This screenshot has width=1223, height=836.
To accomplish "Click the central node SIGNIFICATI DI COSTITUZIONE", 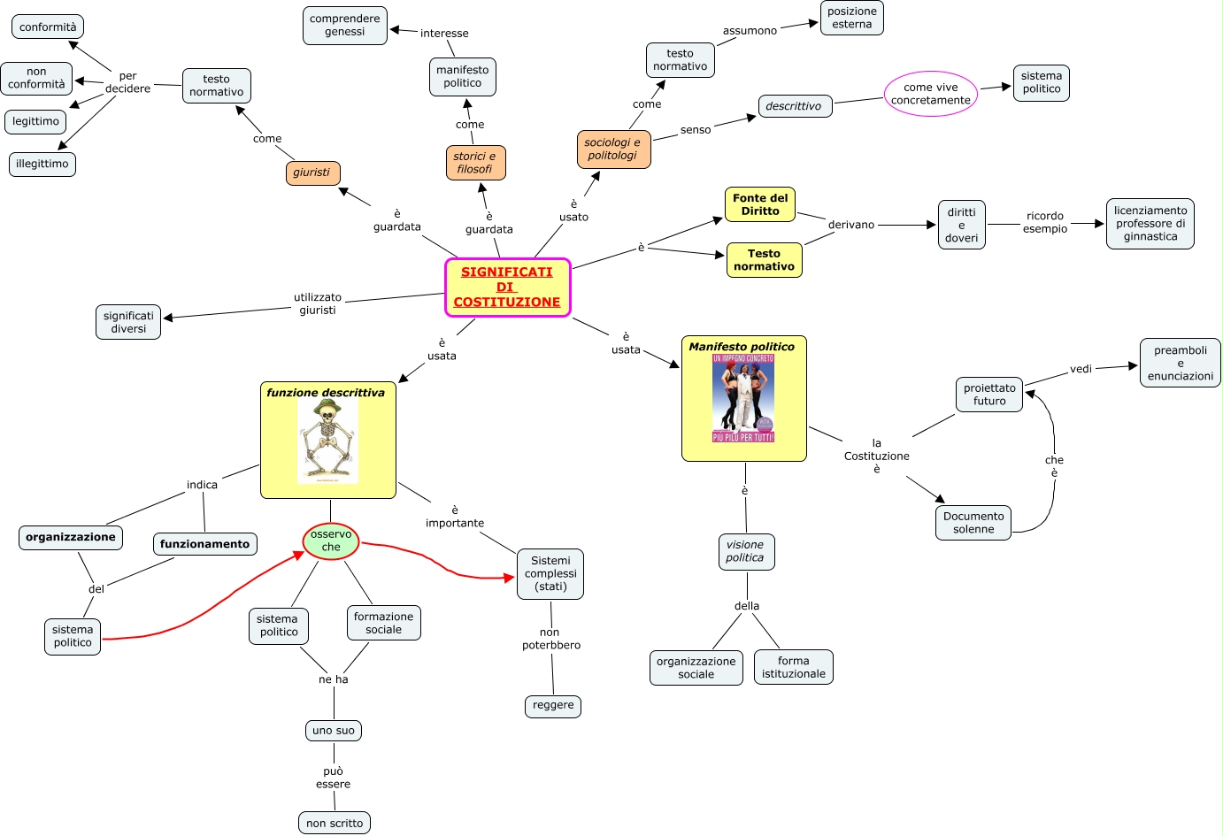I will point(507,288).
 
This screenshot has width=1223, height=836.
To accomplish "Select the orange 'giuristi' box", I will point(312,173).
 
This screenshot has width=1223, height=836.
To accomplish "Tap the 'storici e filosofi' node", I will point(475,163).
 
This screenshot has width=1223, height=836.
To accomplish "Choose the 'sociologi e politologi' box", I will point(613,149).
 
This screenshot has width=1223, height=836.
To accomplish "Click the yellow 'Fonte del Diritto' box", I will point(760,204).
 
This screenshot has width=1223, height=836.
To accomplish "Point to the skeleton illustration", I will point(327,440).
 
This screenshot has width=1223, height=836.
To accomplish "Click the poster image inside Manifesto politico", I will point(743,398).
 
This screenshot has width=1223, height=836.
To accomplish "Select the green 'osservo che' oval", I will point(331,541).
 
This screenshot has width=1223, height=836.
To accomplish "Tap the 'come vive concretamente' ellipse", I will point(931,94).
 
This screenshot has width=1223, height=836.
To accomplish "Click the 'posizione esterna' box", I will point(852,18).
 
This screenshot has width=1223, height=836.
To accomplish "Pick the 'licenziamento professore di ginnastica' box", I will point(1150,224).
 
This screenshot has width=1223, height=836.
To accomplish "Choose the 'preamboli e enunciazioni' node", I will point(1180,363).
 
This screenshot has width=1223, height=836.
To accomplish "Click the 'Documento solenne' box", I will point(973,523).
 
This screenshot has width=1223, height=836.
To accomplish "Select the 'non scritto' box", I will point(335,823).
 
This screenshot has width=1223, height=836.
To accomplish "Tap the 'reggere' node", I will point(553,705).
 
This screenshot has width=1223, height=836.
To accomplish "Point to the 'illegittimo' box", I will point(42,164).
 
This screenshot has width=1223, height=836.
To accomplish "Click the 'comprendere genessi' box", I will point(345,25).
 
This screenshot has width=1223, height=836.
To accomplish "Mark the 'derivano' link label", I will point(851,225).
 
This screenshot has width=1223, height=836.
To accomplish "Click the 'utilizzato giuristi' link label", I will point(318,303).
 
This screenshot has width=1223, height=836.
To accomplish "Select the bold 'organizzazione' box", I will point(71,537).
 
